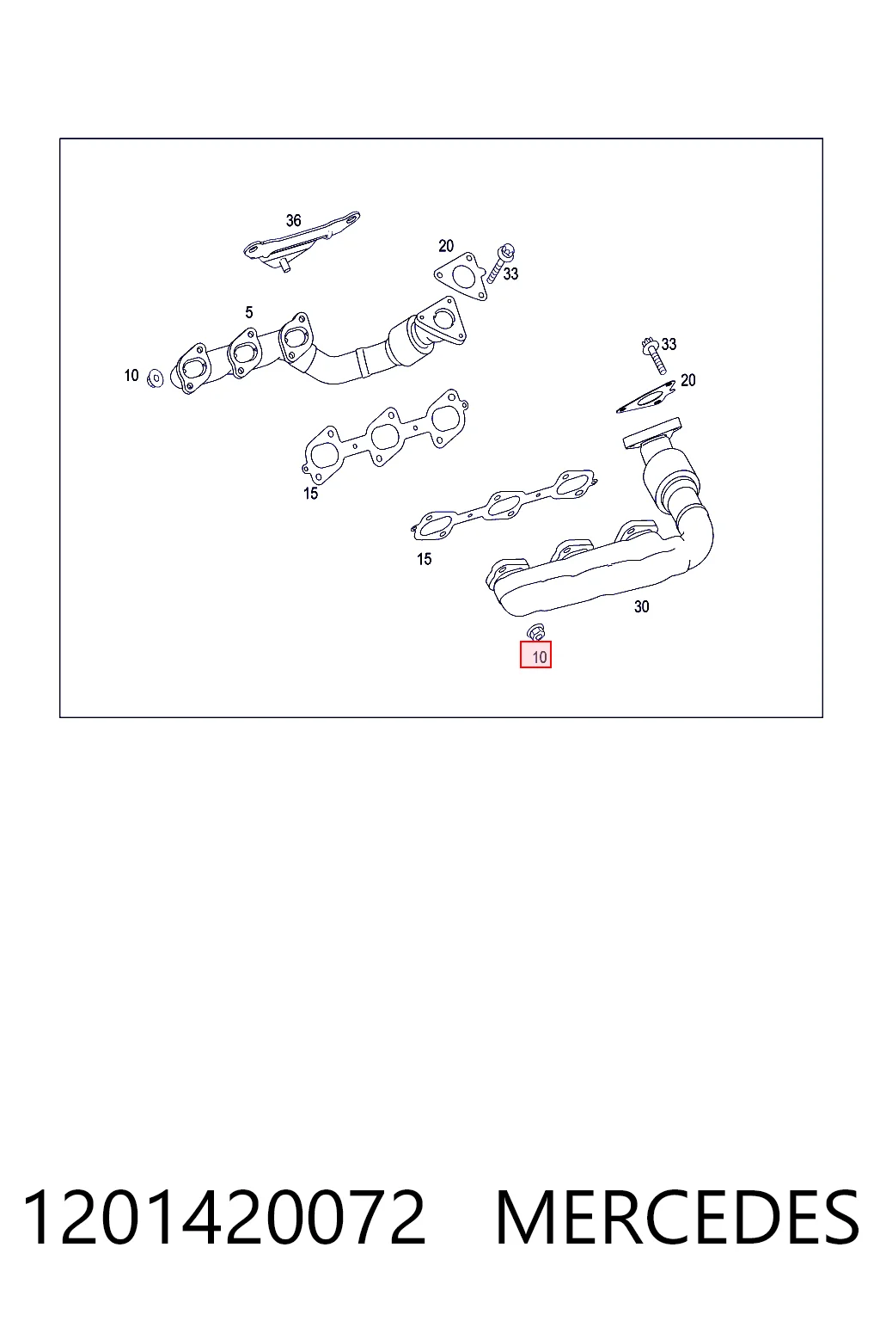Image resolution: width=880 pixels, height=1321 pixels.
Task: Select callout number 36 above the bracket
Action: pyautogui.click(x=294, y=220)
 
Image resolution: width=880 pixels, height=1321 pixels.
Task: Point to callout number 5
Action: pyautogui.click(x=249, y=312)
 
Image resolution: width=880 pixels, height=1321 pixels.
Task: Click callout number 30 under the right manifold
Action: pyautogui.click(x=641, y=606)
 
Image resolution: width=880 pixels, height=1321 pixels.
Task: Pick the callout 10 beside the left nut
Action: pyautogui.click(x=131, y=375)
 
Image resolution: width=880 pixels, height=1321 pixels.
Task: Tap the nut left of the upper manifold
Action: pyautogui.click(x=156, y=378)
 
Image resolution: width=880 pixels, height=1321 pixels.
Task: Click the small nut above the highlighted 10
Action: pyautogui.click(x=535, y=631)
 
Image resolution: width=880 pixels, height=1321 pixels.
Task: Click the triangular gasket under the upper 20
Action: pyautogui.click(x=461, y=277)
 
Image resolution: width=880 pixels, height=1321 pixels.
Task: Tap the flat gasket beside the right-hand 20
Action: pyautogui.click(x=645, y=397)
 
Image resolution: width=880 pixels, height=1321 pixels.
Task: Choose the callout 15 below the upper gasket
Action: pyautogui.click(x=310, y=493)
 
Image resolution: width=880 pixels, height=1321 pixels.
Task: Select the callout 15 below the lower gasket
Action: pyautogui.click(x=425, y=558)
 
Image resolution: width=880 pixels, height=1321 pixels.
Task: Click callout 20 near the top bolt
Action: pyautogui.click(x=446, y=245)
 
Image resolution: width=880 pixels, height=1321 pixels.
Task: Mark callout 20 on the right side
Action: pyautogui.click(x=687, y=380)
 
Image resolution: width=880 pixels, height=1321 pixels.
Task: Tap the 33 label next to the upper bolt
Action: pyautogui.click(x=510, y=273)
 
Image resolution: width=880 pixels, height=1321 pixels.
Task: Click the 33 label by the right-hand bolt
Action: pyautogui.click(x=669, y=344)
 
